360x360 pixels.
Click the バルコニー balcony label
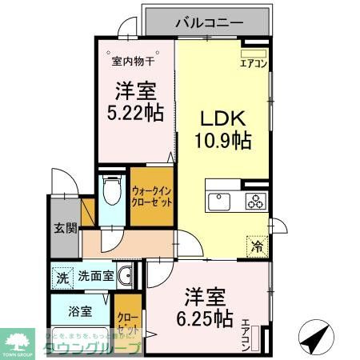pyautogui.click(x=209, y=22)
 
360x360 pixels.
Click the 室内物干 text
pyautogui.click(x=133, y=61)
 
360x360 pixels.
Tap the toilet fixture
pyautogui.click(x=111, y=192)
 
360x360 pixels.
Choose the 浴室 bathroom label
pyautogui.click(x=69, y=312)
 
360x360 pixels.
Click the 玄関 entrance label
pyautogui.click(x=66, y=228)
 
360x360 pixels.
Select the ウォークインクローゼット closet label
pyautogui.click(x=152, y=197)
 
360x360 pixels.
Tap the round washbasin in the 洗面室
pyautogui.click(x=124, y=278)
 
